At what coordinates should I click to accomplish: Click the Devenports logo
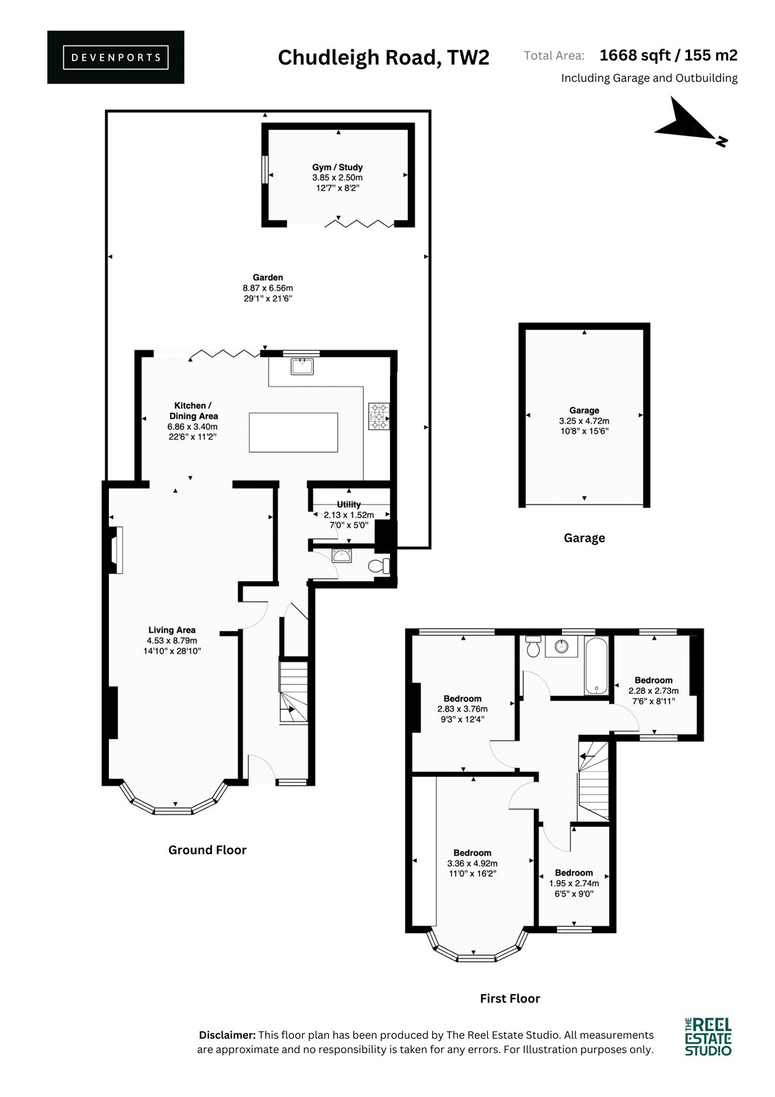pos(116,58)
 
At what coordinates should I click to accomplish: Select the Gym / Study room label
pos(337,167)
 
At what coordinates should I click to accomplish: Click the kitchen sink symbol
pos(302,366)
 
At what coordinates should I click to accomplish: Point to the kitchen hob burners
pos(380,415)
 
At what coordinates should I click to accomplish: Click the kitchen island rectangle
pos(293,432)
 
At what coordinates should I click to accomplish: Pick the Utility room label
pos(349,504)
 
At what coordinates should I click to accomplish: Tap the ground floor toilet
pos(378,566)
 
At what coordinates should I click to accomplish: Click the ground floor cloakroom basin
pos(341,555)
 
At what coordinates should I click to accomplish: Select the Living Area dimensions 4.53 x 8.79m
pos(172,640)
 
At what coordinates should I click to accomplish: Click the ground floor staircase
pos(293,692)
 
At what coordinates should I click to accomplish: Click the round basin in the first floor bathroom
pos(561,647)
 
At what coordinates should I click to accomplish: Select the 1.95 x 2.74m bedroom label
pos(574,883)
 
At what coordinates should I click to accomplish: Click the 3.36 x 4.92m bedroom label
pos(472,863)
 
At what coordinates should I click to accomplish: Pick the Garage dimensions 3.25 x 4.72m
pos(584,421)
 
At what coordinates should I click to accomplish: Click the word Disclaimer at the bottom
pos(227,1035)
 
